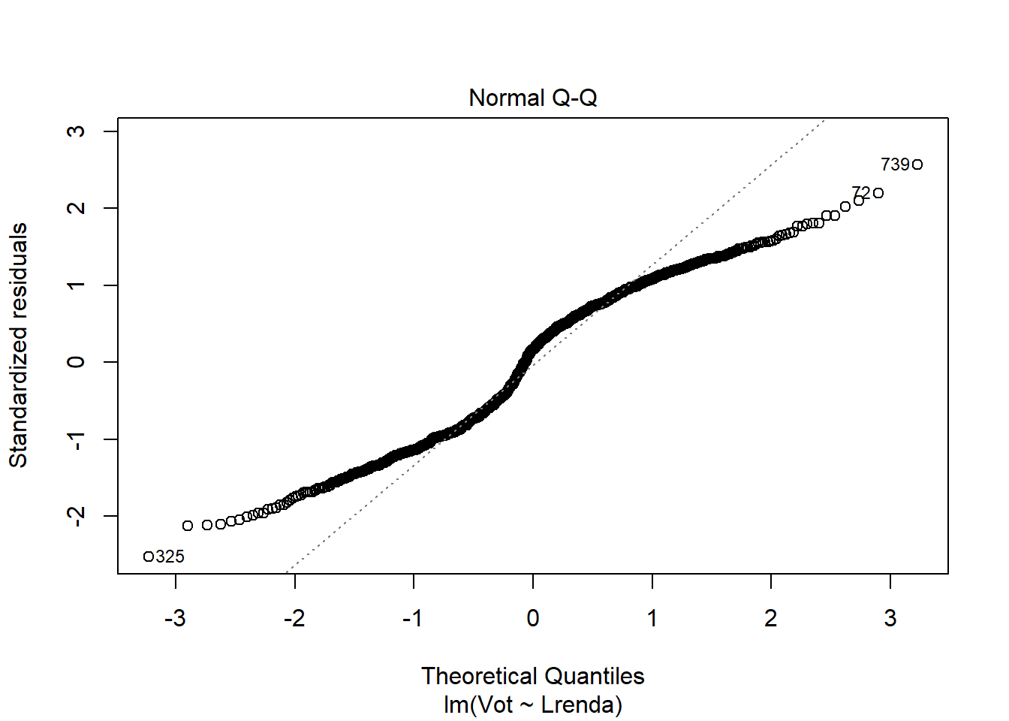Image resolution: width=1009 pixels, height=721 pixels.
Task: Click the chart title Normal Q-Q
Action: coord(532,98)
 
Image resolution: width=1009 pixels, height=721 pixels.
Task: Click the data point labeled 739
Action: coord(917,164)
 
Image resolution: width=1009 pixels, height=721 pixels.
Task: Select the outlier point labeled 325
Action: coord(149,557)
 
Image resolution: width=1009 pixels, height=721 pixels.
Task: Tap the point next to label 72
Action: coord(878,193)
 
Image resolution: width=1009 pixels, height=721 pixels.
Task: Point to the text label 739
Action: coord(894,164)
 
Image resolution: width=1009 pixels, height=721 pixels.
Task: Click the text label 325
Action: coord(170,557)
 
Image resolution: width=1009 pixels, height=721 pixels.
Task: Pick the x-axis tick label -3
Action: coord(175,618)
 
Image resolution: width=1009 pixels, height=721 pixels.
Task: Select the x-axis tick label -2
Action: coord(294,618)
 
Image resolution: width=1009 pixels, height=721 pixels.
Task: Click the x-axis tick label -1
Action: coord(413,618)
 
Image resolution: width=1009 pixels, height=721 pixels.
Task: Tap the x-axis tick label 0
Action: coord(533,618)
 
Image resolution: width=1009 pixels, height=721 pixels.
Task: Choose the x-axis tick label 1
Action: coord(652,618)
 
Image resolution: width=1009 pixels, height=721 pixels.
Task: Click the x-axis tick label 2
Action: coord(771,618)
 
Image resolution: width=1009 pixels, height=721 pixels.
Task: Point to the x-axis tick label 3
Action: coord(890,618)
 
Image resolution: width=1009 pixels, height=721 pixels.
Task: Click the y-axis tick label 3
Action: coord(76,131)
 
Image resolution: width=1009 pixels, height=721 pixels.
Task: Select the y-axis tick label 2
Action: coord(76,208)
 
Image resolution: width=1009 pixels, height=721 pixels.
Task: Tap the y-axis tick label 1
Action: coord(76,285)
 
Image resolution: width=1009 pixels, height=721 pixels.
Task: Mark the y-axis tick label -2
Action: coord(76,514)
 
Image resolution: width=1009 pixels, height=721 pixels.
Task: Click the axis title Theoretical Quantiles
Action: coord(532,676)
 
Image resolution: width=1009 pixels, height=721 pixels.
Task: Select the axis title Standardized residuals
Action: coord(18,345)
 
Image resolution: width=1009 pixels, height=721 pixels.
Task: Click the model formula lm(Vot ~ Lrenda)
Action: coord(532,704)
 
